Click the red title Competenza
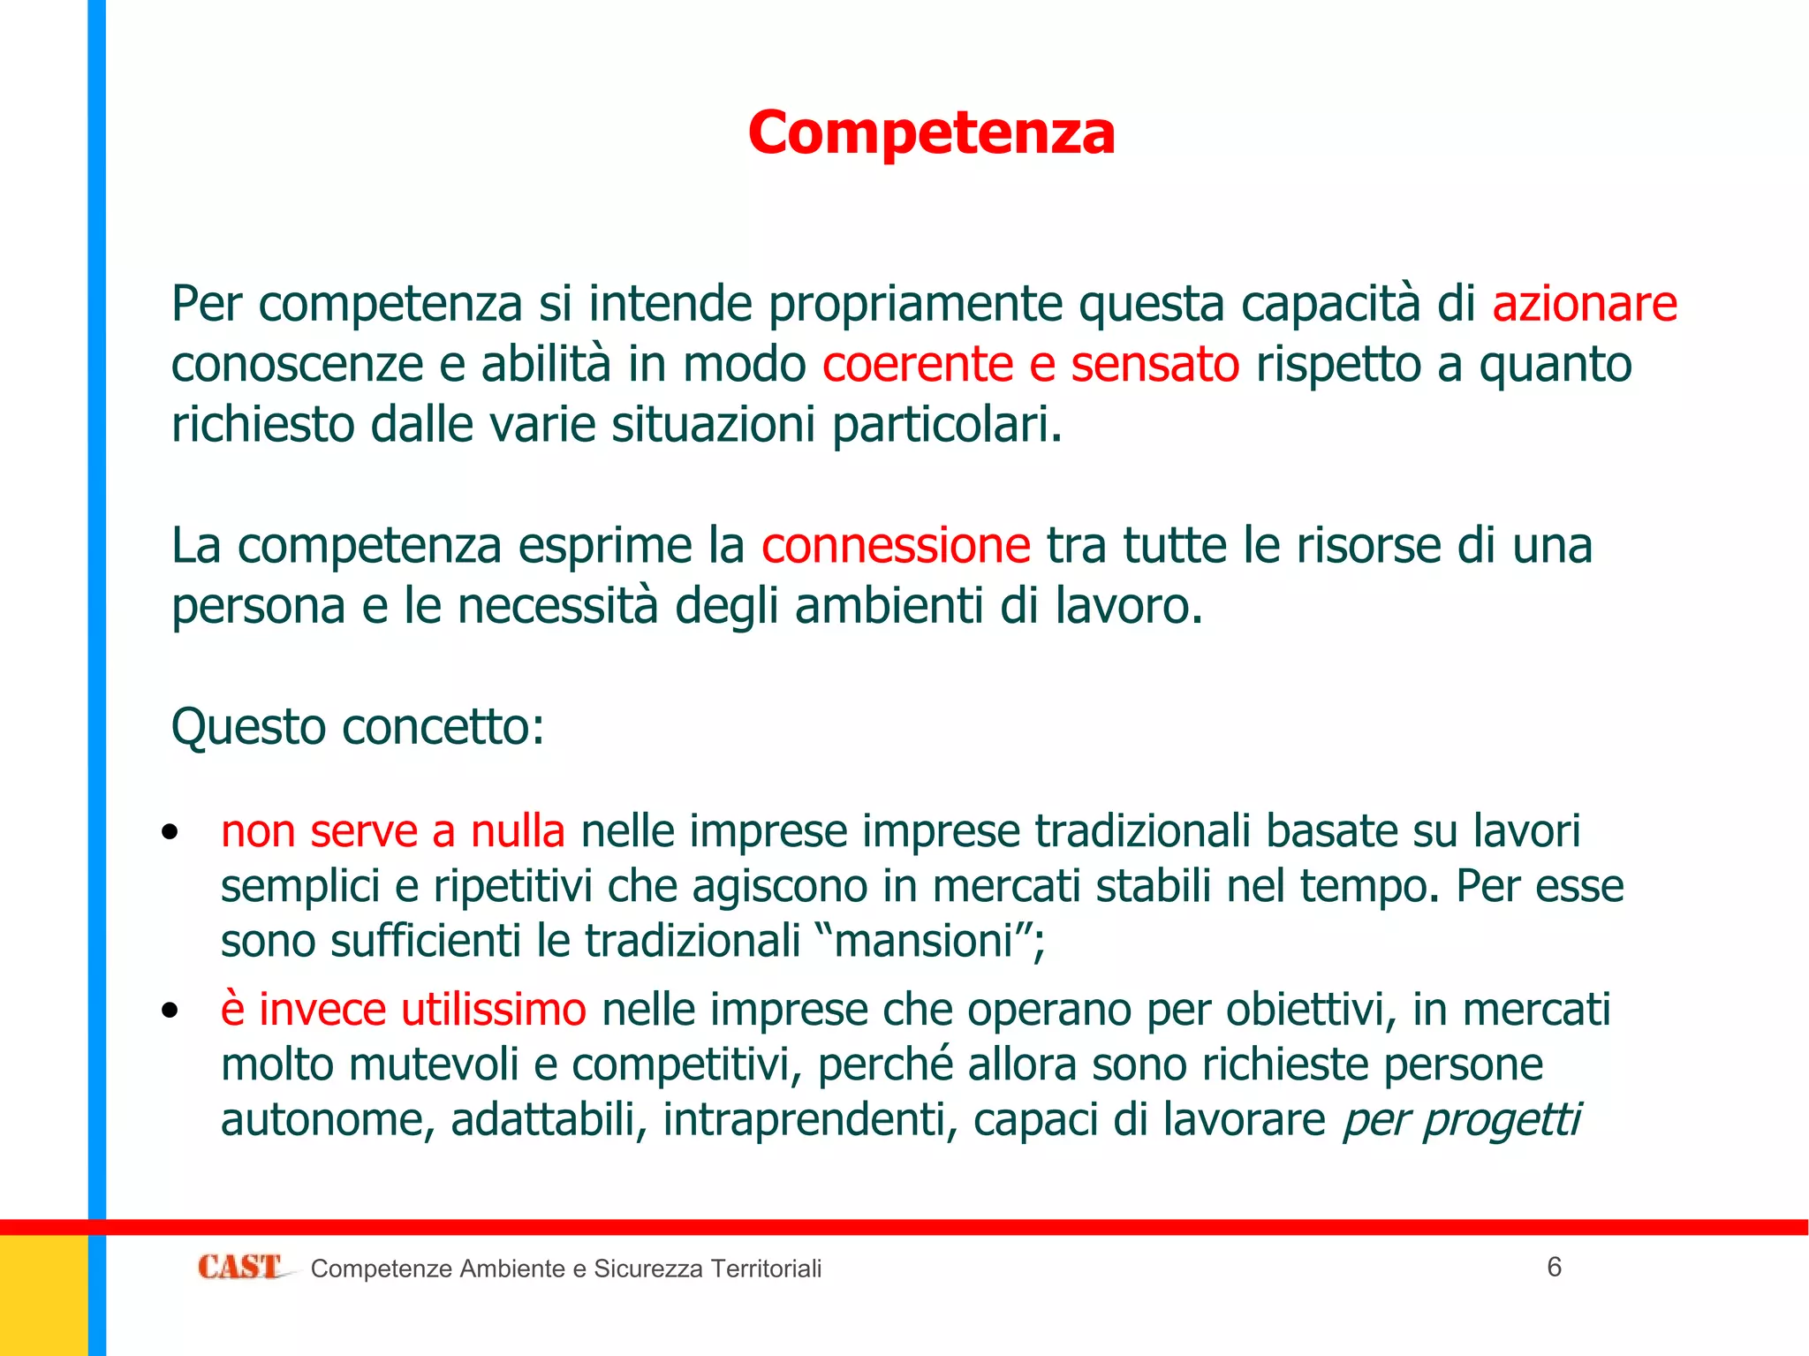[931, 133]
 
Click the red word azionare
[1585, 304]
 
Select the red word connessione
[896, 545]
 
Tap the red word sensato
[1155, 364]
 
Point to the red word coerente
[918, 364]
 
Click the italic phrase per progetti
[1461, 1119]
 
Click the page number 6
[1555, 1267]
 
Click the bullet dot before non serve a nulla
[170, 831]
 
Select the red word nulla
[518, 831]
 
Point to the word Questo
[248, 727]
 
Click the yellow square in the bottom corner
[43, 1295]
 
